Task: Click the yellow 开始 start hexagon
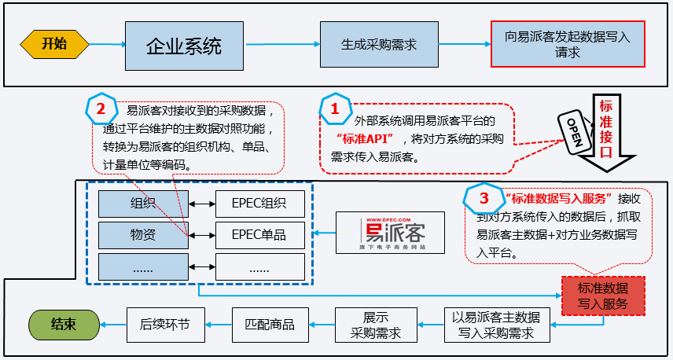click(53, 44)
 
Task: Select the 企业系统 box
click(184, 45)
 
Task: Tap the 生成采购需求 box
click(378, 45)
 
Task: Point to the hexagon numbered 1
click(335, 110)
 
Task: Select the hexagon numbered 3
click(483, 197)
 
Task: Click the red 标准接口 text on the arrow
click(606, 130)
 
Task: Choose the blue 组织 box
click(143, 204)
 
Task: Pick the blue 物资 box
click(143, 234)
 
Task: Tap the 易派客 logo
click(391, 232)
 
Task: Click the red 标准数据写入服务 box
click(603, 295)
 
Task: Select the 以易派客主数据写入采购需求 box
click(495, 325)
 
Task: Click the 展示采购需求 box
click(375, 325)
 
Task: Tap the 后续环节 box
click(165, 324)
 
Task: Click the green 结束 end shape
click(64, 324)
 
